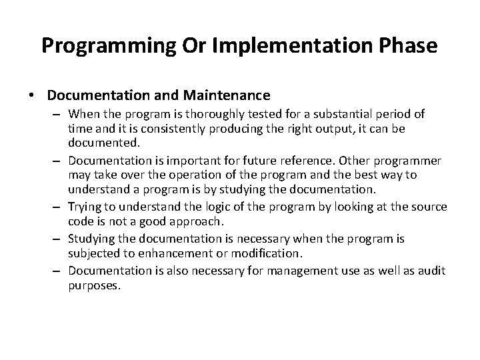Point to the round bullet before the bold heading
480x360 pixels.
pos(33,95)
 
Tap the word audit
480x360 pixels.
pos(432,270)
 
